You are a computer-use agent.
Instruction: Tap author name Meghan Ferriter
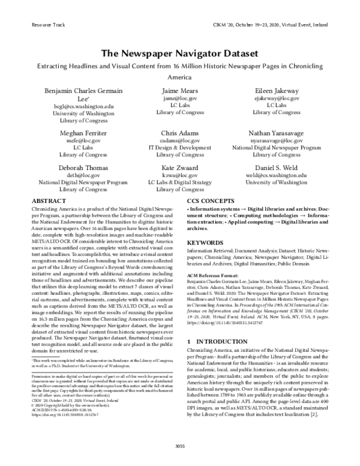click(83, 132)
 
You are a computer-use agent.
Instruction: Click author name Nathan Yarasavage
click(277, 132)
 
